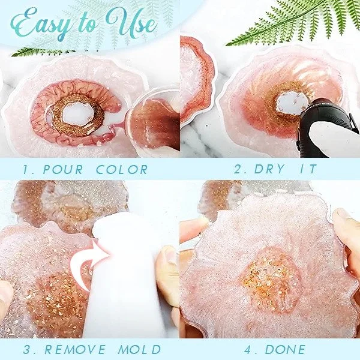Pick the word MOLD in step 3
pos(140,349)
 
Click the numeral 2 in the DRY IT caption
pos(239,170)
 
